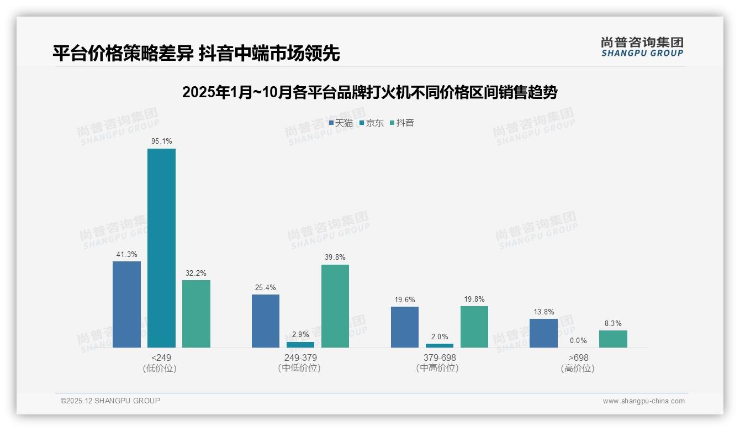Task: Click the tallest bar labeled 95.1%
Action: point(161,248)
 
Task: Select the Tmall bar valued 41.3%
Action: point(126,304)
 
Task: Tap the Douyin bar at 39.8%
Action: point(335,306)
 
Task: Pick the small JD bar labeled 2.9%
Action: point(300,345)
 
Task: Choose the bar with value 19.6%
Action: point(405,327)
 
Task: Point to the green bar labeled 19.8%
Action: point(474,327)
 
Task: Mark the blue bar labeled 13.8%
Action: point(543,333)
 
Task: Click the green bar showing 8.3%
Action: point(613,339)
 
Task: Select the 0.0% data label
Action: point(578,341)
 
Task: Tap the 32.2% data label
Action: point(196,273)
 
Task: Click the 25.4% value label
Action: point(266,287)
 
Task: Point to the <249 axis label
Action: point(161,358)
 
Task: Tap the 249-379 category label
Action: point(300,358)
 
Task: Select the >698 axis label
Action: point(578,358)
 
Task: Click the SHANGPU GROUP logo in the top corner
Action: point(642,47)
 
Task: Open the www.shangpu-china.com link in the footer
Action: point(643,401)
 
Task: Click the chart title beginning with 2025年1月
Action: point(369,92)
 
